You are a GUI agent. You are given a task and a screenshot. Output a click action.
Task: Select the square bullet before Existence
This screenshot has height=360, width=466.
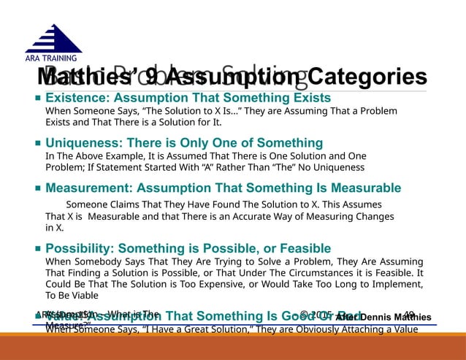pyautogui.click(x=37, y=98)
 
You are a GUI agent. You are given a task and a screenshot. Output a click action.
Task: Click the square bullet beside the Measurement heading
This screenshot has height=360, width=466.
pyautogui.click(x=37, y=188)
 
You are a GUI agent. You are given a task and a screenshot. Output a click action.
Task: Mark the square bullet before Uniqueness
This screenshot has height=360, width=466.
pyautogui.click(x=37, y=143)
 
